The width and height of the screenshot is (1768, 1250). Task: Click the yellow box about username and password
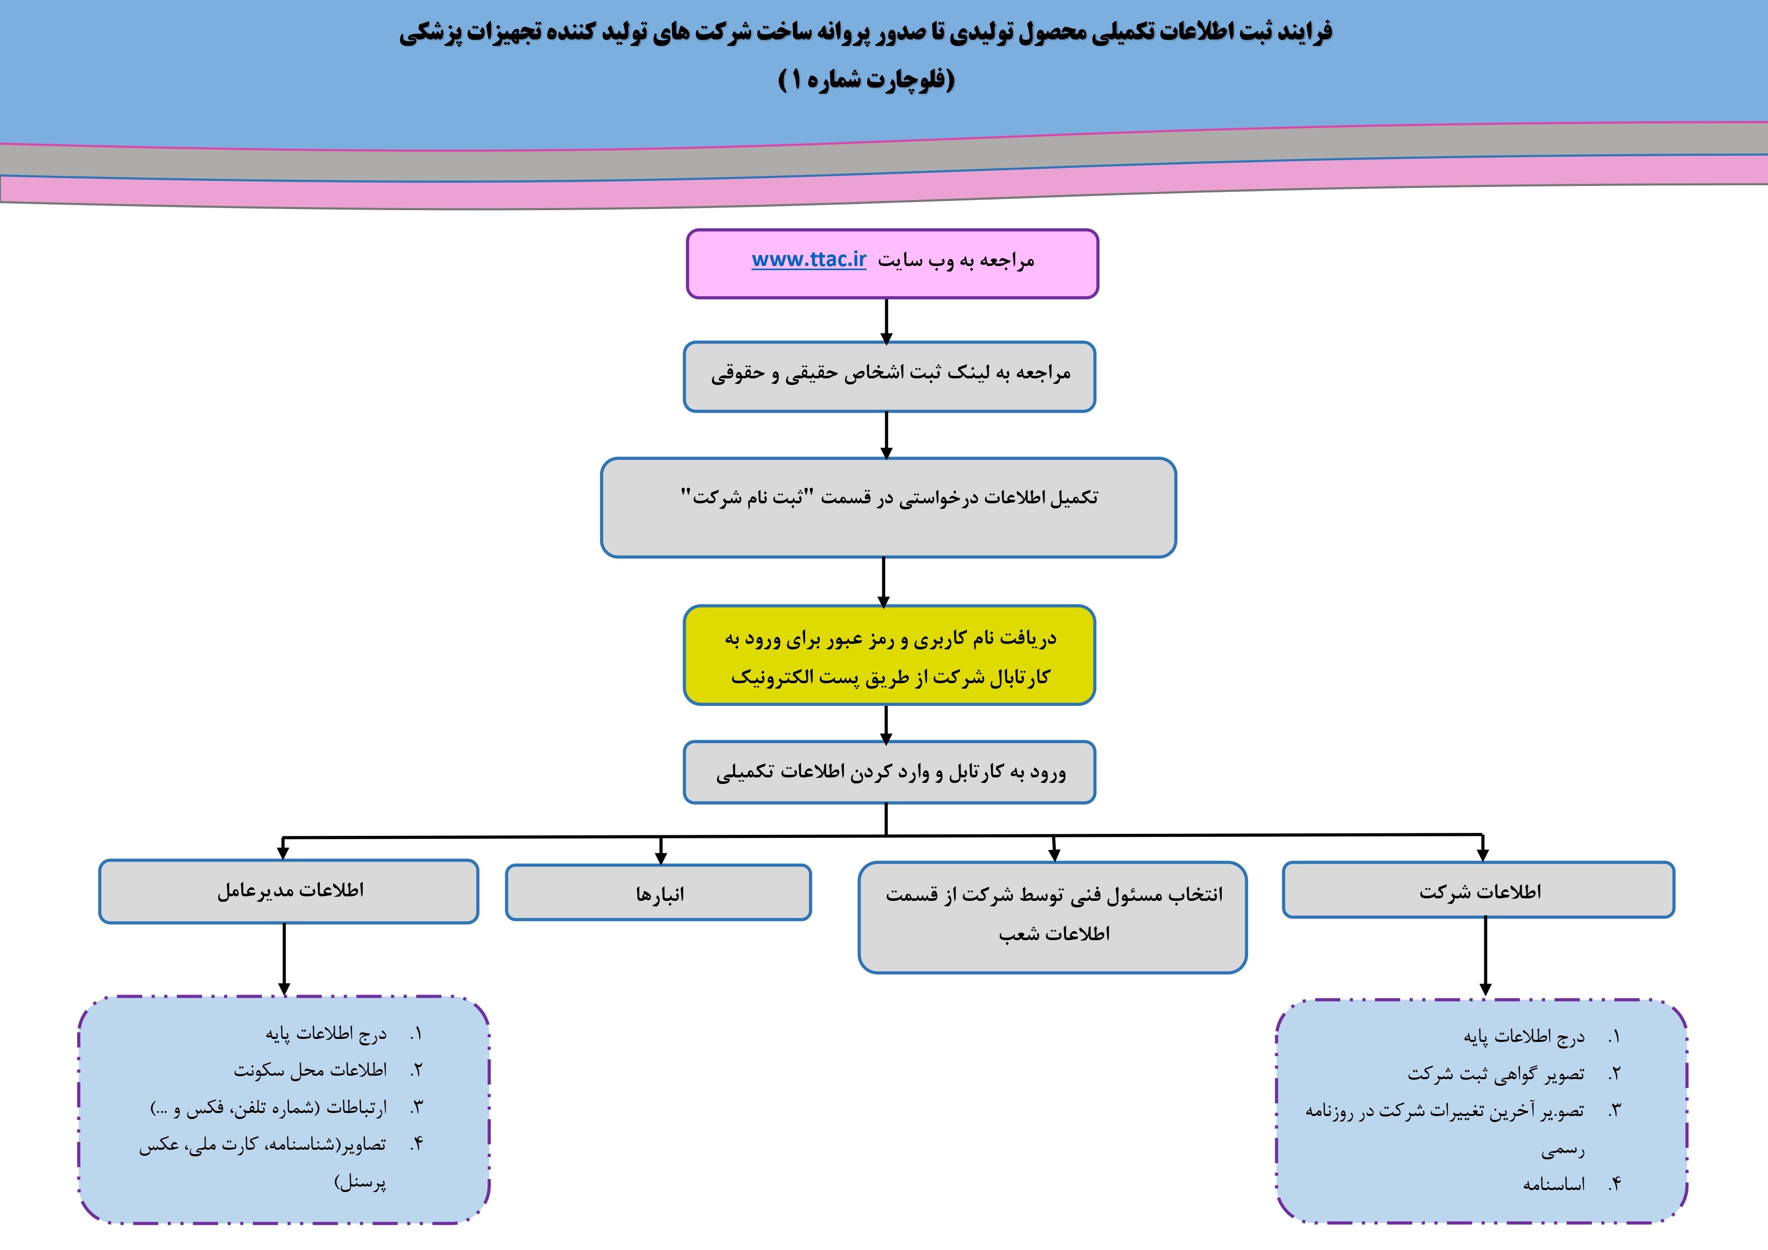889,655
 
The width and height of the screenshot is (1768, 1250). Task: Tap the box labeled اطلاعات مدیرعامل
289,891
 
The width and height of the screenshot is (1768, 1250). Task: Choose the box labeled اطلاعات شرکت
1478,890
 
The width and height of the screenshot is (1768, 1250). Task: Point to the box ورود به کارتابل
889,772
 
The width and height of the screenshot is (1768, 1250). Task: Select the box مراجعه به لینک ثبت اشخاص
889,377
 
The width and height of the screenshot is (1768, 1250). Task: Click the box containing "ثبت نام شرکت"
889,507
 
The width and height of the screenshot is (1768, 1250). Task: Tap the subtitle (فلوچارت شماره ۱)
866,79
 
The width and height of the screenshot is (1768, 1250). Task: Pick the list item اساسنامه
1554,1184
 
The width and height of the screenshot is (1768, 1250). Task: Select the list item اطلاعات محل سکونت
310,1070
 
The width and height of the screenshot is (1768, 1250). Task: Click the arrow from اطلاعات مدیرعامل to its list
284,960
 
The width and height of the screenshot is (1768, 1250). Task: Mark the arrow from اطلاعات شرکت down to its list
1485,957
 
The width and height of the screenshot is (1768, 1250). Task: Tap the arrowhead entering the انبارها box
661,859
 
